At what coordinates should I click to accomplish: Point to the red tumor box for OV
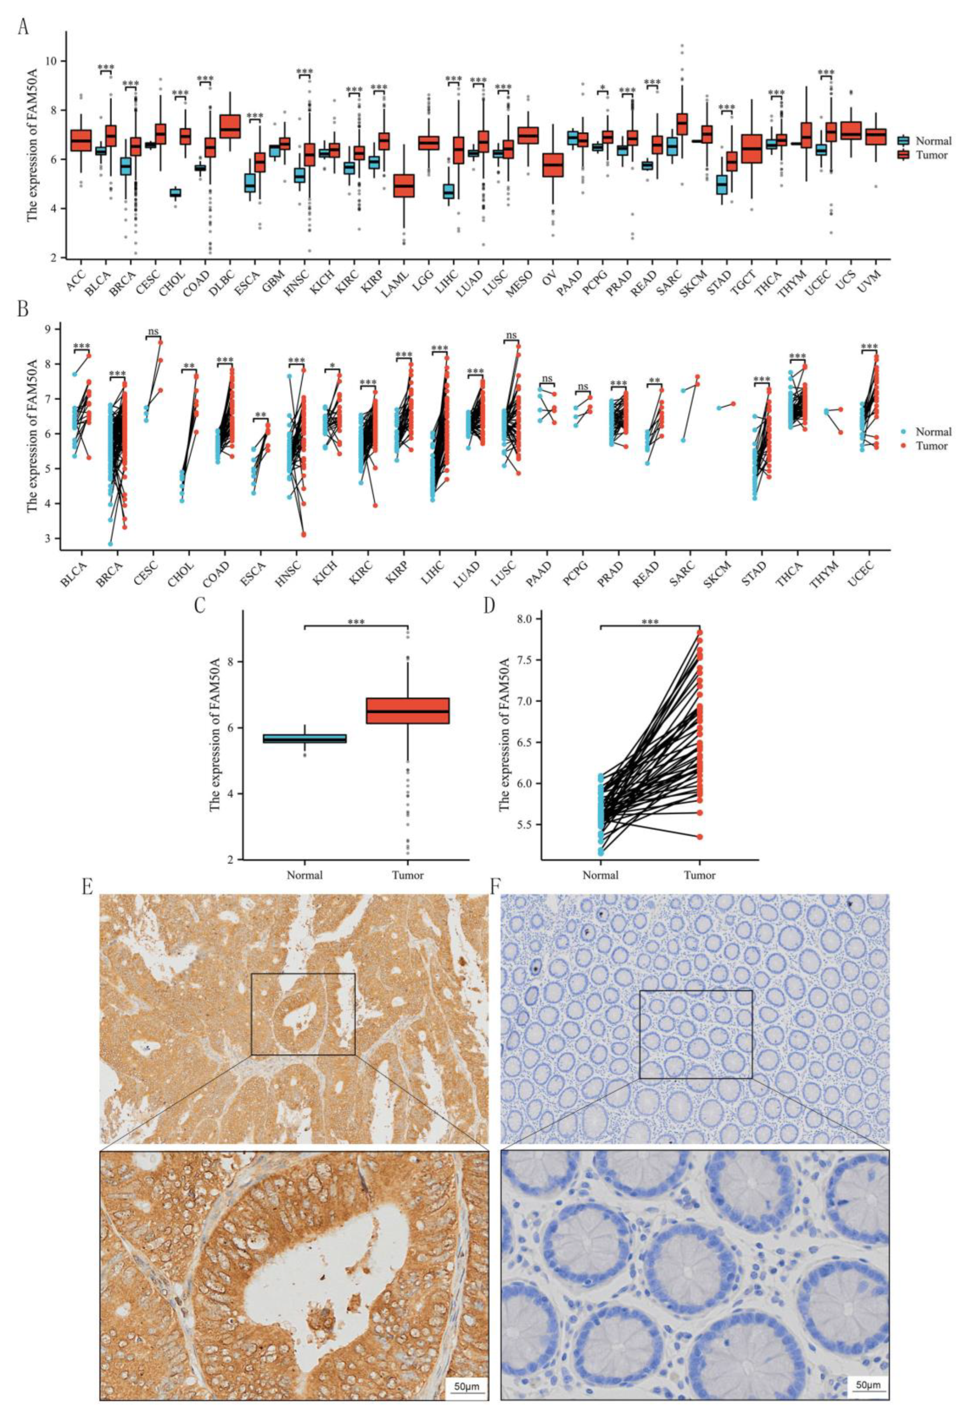coord(552,165)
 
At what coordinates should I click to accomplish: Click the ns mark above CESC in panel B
coord(152,331)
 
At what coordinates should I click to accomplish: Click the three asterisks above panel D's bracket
coord(650,621)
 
